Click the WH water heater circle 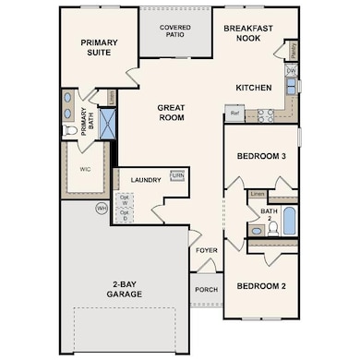pyautogui.click(x=102, y=209)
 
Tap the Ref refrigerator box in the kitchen pyautogui.click(x=234, y=114)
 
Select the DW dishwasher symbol pyautogui.click(x=291, y=70)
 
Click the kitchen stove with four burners pyautogui.click(x=265, y=115)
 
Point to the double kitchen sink pyautogui.click(x=292, y=87)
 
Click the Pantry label pyautogui.click(x=292, y=49)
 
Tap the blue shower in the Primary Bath pyautogui.click(x=107, y=122)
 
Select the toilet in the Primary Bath pyautogui.click(x=70, y=131)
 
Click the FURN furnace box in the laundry pyautogui.click(x=177, y=175)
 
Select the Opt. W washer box pyautogui.click(x=125, y=198)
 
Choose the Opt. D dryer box pyautogui.click(x=125, y=215)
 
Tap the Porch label pyautogui.click(x=205, y=288)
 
